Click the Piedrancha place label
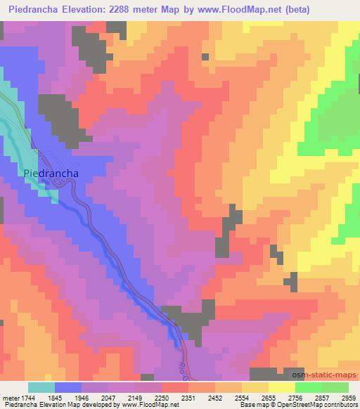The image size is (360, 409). point(51,173)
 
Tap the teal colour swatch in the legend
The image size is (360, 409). point(41,387)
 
